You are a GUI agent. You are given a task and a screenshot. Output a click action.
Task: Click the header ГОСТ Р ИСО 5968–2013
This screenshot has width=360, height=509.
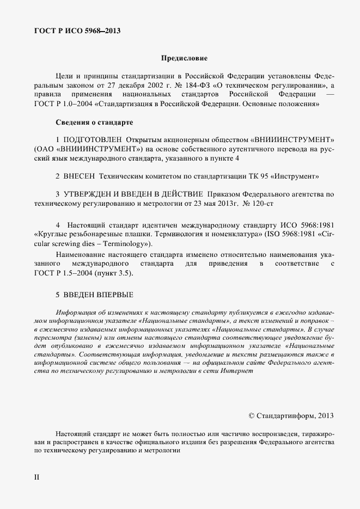77,30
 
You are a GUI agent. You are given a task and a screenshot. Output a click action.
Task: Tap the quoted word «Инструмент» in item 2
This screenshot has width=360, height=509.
299,176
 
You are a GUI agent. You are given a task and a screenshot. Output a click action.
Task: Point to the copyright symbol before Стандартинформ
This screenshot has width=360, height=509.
252,415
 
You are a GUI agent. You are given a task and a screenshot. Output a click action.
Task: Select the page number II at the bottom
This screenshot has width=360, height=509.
36,477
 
